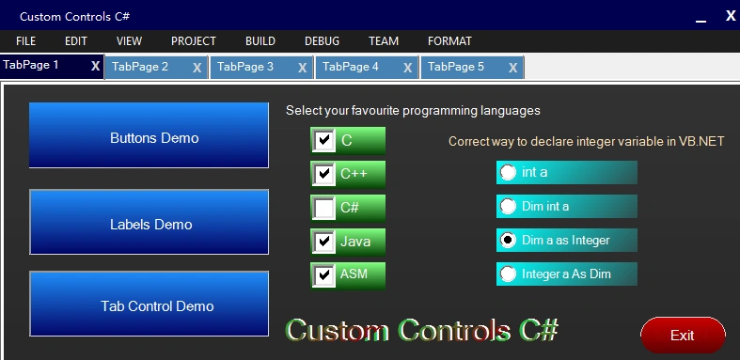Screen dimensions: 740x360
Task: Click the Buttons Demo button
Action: tap(149, 135)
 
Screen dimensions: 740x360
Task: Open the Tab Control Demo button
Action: tap(149, 304)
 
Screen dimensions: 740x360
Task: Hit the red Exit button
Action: tap(683, 335)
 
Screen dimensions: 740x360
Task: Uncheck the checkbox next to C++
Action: tap(323, 174)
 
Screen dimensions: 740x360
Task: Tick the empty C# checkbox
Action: tap(323, 208)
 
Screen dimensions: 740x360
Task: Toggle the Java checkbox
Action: tap(323, 242)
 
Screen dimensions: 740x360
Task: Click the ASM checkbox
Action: tap(323, 275)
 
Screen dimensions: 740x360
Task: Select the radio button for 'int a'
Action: tap(508, 172)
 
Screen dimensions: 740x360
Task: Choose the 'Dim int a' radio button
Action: tap(508, 206)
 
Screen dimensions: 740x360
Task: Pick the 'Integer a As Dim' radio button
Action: tap(508, 274)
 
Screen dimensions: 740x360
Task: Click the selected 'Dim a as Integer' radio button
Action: tap(508, 241)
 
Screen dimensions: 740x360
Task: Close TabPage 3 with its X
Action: tap(303, 68)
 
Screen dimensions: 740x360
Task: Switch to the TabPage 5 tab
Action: tap(456, 67)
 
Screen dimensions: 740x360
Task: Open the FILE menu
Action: tap(25, 41)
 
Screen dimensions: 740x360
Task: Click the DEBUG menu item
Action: tap(322, 41)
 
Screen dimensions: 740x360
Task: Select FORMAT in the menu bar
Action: tap(449, 41)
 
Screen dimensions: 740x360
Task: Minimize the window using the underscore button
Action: tap(701, 19)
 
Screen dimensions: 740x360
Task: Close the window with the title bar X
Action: tap(731, 16)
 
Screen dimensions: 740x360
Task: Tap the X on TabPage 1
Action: tap(95, 66)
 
